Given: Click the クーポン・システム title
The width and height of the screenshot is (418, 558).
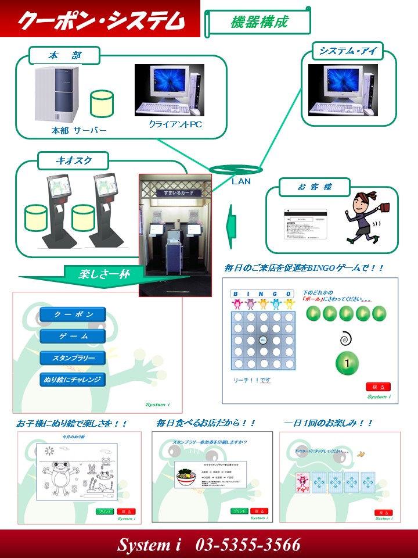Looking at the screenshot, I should tap(100, 21).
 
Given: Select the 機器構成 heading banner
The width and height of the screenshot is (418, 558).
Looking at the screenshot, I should tap(259, 22).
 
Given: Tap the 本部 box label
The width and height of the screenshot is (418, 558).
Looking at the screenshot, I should tap(64, 56).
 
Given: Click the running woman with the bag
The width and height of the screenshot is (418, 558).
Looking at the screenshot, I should tap(363, 216).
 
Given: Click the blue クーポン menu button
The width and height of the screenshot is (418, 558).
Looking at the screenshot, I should tap(73, 314).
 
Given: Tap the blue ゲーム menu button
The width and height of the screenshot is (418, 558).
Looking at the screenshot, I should tap(73, 336).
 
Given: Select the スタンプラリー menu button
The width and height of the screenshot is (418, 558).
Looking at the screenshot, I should tap(73, 357).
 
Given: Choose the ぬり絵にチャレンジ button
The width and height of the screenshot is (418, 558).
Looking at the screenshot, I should tap(73, 380).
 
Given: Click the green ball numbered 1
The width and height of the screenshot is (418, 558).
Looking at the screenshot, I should tap(347, 363).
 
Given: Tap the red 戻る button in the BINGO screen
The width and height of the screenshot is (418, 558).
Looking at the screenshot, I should tap(378, 387).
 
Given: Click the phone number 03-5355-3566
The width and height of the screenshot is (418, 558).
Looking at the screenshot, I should tap(248, 545).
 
